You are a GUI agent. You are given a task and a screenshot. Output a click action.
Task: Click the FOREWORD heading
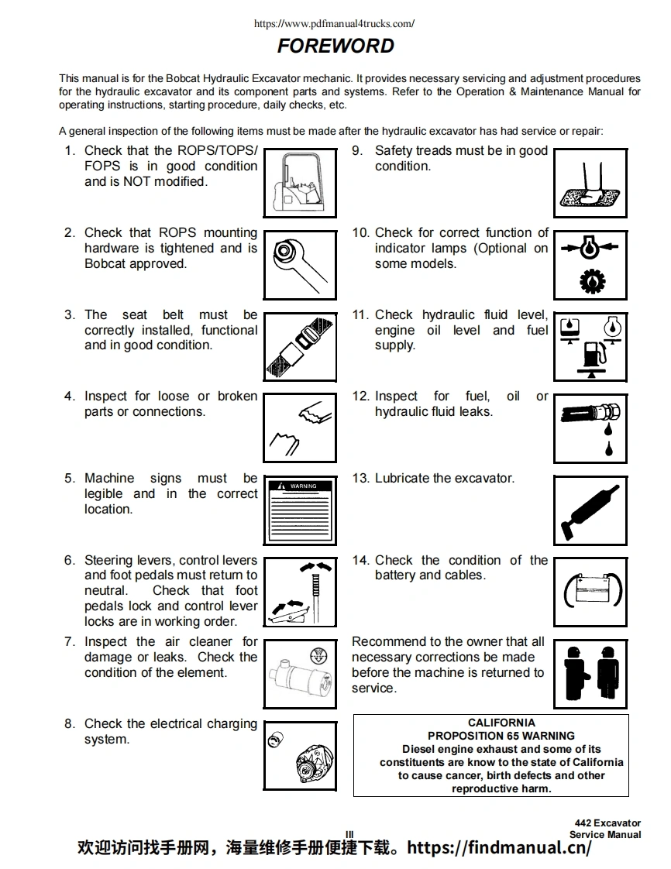(x=335, y=46)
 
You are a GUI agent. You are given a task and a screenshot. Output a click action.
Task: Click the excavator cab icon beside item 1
(x=300, y=186)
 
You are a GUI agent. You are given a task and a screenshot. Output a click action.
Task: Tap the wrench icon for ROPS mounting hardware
(x=300, y=267)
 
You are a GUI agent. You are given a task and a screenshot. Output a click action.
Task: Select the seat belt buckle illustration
(x=300, y=349)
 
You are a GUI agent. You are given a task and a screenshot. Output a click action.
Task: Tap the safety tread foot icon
(x=590, y=186)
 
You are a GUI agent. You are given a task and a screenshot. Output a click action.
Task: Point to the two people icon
(x=590, y=671)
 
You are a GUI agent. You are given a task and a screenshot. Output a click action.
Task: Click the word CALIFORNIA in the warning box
(x=501, y=723)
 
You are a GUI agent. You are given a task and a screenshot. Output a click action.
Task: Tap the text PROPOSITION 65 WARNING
(x=501, y=736)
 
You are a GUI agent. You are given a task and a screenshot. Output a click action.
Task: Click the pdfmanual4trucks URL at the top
(x=335, y=23)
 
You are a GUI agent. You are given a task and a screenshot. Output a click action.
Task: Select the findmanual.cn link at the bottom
(x=499, y=847)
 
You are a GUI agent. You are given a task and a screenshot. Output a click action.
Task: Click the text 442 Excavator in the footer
(x=607, y=823)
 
